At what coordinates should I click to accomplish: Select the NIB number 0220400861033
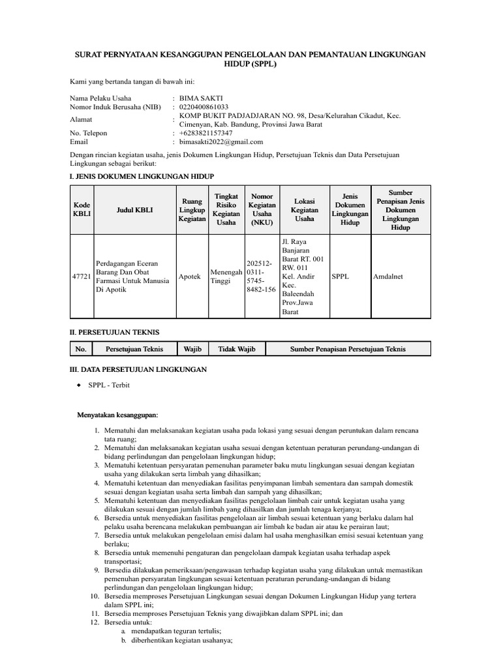(x=204, y=107)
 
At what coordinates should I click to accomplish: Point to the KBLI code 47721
(x=82, y=277)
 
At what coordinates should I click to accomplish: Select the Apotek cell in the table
(x=190, y=277)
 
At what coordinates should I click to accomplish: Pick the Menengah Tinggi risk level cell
(x=226, y=277)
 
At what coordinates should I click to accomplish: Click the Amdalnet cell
(x=388, y=277)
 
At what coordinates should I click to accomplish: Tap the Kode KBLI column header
(x=82, y=210)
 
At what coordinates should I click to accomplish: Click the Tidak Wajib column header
(x=237, y=349)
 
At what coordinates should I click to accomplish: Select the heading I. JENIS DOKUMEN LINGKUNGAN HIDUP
(x=142, y=177)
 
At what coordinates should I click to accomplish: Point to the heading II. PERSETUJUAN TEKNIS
(x=115, y=332)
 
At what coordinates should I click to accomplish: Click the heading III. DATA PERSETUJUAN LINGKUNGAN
(x=138, y=370)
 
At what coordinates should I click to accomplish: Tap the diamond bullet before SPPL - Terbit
(x=79, y=386)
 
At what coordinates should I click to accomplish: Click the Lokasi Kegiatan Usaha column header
(x=305, y=210)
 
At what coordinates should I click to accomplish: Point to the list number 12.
(x=94, y=622)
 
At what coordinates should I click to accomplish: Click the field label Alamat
(x=81, y=120)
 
